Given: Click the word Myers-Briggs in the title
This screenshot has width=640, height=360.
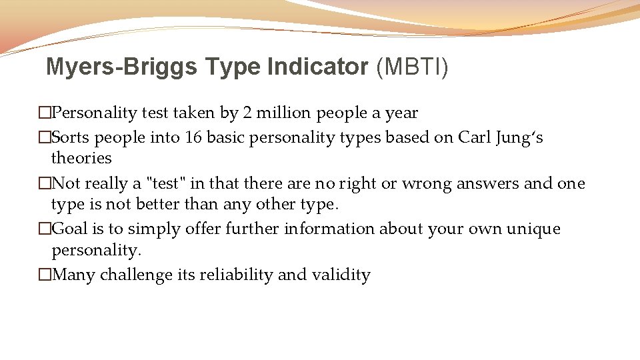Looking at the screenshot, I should (122, 67).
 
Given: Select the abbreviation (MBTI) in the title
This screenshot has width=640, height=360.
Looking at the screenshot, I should (412, 67).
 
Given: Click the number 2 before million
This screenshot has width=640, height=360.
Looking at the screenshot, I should (247, 113).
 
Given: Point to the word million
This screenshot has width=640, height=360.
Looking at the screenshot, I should (285, 113).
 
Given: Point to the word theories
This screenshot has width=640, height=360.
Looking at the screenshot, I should (81, 158).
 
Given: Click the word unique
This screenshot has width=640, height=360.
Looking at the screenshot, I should (533, 229).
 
